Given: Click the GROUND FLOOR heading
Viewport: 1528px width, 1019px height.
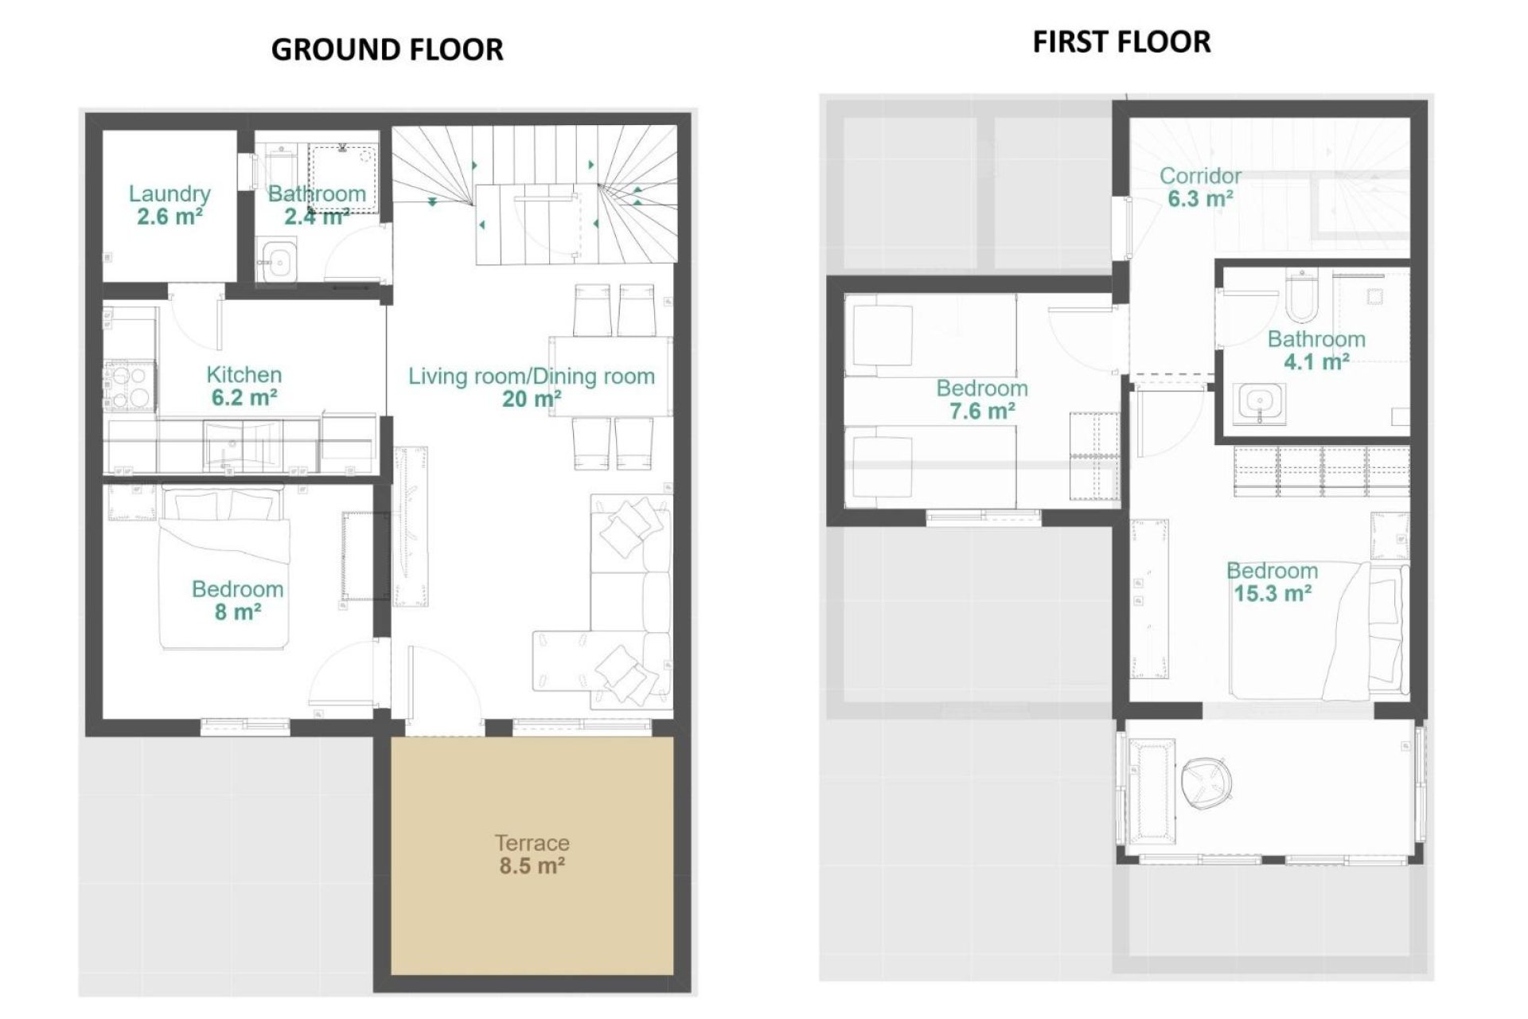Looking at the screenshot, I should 387,49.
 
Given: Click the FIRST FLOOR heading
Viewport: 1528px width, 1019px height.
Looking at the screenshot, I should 1121,41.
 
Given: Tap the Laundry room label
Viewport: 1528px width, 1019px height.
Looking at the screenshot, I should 170,193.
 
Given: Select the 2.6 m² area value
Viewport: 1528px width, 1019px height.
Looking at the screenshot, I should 170,217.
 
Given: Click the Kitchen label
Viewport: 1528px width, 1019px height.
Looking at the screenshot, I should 244,374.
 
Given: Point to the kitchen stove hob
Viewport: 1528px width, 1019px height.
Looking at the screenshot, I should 130,385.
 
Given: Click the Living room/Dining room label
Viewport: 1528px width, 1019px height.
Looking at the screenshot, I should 531,376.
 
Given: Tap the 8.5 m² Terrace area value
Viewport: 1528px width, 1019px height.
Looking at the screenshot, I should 532,866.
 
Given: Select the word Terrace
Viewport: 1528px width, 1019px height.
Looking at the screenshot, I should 532,842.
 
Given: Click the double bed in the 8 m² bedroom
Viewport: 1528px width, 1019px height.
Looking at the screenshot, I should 224,569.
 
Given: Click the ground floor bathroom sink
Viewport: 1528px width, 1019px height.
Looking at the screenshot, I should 279,260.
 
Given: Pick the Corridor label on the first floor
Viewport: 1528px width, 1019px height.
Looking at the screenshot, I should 1200,175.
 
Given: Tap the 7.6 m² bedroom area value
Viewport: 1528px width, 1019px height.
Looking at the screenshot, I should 981,412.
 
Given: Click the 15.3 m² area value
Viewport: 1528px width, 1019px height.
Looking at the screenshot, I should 1272,594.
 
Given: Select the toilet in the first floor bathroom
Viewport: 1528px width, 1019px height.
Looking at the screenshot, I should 1301,295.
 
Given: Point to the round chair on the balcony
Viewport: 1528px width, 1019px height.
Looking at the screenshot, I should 1206,779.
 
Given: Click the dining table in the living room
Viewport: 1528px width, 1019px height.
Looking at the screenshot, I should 610,376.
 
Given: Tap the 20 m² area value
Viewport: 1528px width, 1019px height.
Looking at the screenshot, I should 531,399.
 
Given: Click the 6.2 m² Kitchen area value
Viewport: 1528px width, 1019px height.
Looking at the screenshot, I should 244,397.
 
